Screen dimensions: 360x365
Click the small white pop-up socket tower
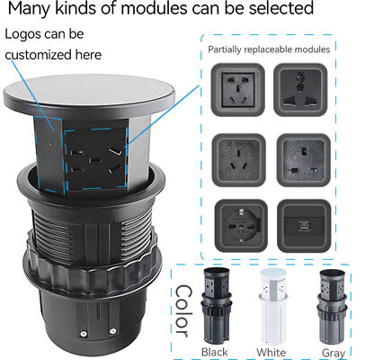(x=272, y=305)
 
